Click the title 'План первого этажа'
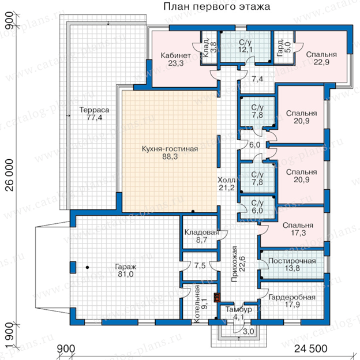pyautogui.click(x=216, y=7)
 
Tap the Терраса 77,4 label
pyautogui.click(x=94, y=114)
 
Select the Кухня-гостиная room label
pyautogui.click(x=170, y=152)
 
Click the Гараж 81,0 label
pyautogui.click(x=126, y=270)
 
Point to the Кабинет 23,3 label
pyautogui.click(x=175, y=59)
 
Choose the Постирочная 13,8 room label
pyautogui.click(x=292, y=264)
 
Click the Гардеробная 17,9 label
pyautogui.click(x=292, y=301)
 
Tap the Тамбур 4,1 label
pyautogui.click(x=238, y=313)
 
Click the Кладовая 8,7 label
pyautogui.click(x=201, y=236)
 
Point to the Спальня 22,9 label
pyautogui.click(x=321, y=58)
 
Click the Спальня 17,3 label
pyautogui.click(x=298, y=229)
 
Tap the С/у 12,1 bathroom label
pyautogui.click(x=245, y=46)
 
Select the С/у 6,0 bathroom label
pyautogui.click(x=257, y=207)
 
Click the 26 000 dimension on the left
pyautogui.click(x=10, y=175)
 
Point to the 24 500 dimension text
pyautogui.click(x=310, y=348)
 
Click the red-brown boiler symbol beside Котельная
pyautogui.click(x=217, y=298)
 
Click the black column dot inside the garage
pyautogui.click(x=87, y=267)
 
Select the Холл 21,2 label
pyautogui.click(x=226, y=183)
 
